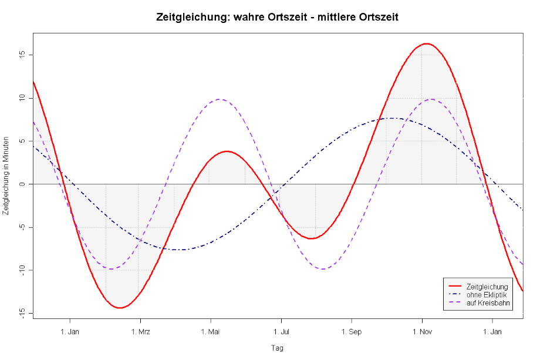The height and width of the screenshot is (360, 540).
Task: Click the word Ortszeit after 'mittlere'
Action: point(376,18)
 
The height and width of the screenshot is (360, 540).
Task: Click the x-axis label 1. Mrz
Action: point(140,332)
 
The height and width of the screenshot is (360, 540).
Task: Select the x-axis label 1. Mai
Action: point(211,332)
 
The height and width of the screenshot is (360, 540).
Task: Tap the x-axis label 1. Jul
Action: point(281,332)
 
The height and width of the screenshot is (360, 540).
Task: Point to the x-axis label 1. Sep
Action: point(352,332)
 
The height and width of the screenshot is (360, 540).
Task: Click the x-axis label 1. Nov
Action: point(422,332)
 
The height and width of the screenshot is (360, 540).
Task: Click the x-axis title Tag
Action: point(277,348)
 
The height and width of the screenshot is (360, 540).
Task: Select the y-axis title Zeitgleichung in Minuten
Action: point(6,184)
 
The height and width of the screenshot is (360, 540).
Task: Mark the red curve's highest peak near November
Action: point(426,43)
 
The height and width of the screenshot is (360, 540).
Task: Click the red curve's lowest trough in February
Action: point(120,308)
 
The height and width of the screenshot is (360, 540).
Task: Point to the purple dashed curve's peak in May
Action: point(219,99)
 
